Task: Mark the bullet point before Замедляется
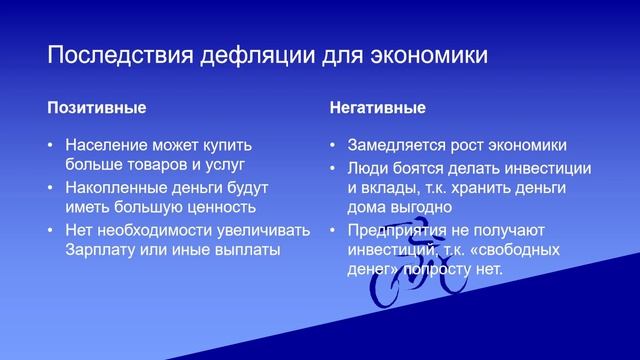[x=334, y=144]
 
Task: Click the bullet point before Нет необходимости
[x=51, y=230]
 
